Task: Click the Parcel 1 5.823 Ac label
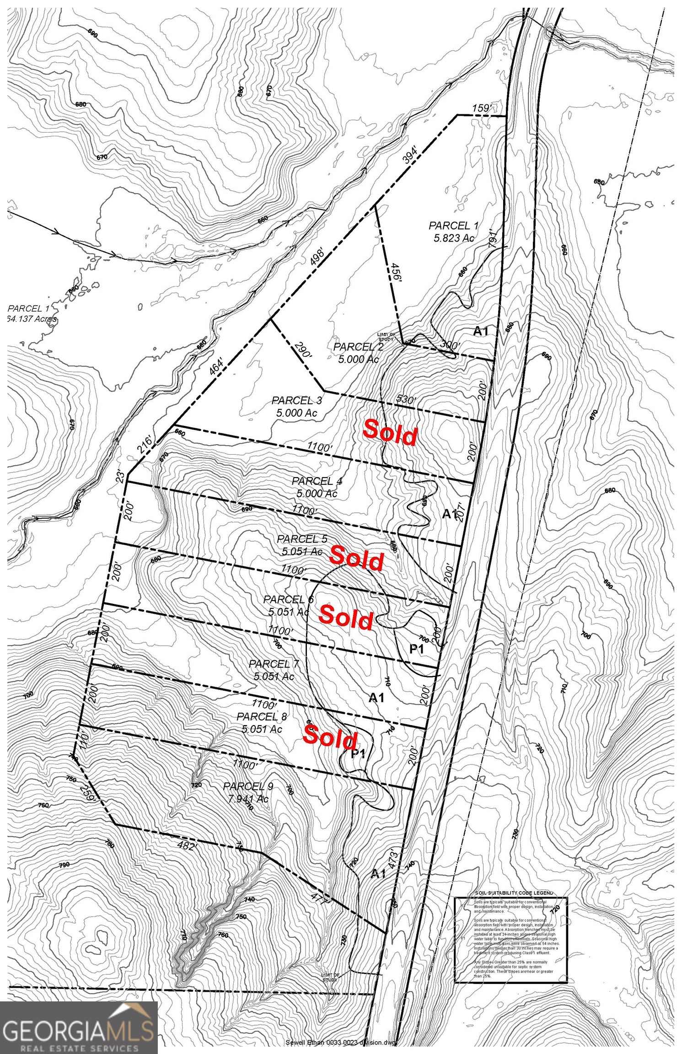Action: [453, 231]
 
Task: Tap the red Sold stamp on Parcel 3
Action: [390, 433]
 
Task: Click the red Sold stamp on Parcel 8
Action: [330, 737]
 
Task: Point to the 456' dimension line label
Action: [394, 273]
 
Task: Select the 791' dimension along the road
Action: [493, 237]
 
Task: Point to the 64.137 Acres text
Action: [32, 319]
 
